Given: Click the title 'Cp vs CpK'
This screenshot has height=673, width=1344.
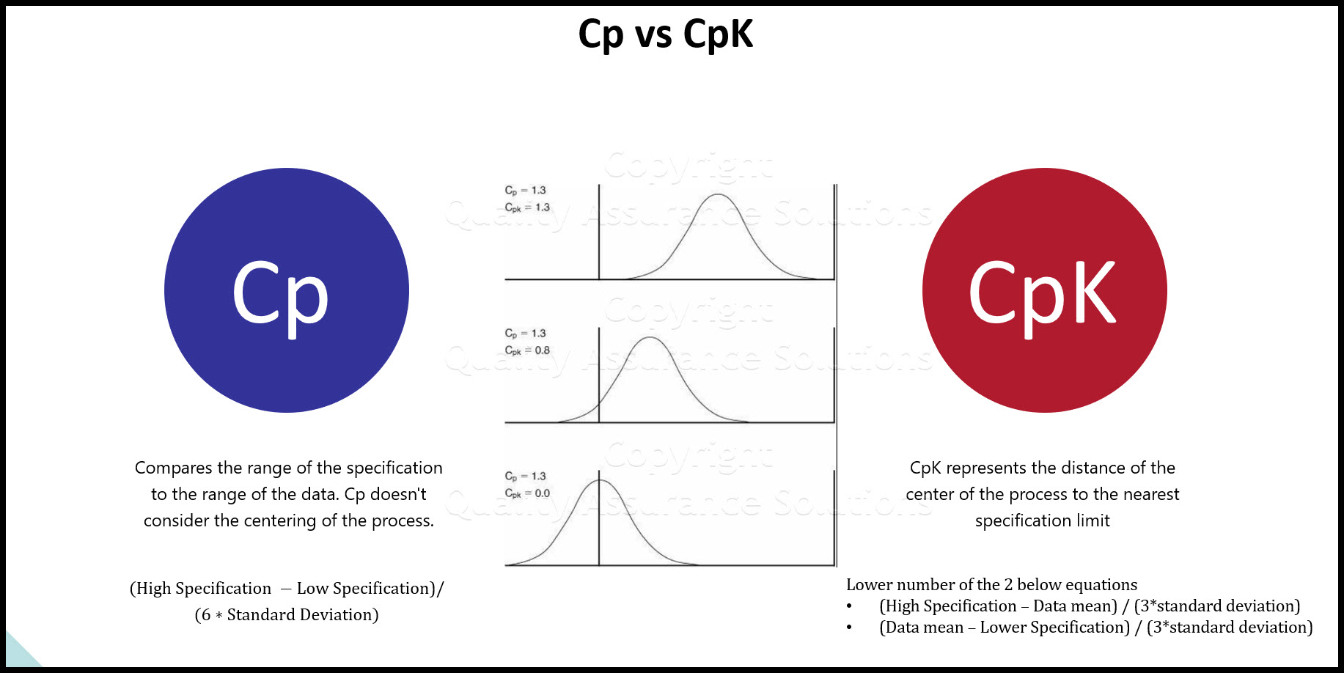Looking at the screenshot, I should pyautogui.click(x=665, y=34).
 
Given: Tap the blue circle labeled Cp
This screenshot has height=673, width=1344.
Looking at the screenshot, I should pyautogui.click(x=287, y=290).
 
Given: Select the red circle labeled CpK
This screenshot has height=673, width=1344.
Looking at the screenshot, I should pyautogui.click(x=1044, y=290).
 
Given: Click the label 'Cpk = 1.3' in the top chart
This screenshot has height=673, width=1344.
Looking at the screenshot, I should pyautogui.click(x=527, y=207).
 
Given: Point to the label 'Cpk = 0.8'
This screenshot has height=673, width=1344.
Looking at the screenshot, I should pyautogui.click(x=527, y=350).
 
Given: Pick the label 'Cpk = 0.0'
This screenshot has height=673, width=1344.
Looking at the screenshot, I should pyautogui.click(x=527, y=493).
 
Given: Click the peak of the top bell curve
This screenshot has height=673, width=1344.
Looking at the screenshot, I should pyautogui.click(x=718, y=195).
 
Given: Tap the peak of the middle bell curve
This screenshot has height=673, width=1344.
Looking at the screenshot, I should pyautogui.click(x=650, y=338).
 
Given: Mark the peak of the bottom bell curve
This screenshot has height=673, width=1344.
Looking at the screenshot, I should pyautogui.click(x=599, y=481).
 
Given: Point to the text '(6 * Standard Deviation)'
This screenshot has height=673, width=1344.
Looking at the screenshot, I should pyautogui.click(x=287, y=614).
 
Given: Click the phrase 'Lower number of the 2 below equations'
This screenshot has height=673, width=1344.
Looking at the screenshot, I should pyautogui.click(x=991, y=584).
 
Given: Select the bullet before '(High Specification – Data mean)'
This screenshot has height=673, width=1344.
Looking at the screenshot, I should pyautogui.click(x=849, y=606).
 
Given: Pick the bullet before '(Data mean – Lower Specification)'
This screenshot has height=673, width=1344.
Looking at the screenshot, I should pyautogui.click(x=849, y=628).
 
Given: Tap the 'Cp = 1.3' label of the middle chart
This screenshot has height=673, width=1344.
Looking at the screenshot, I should pyautogui.click(x=525, y=333).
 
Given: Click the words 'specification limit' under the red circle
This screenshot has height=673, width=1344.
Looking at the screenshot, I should pyautogui.click(x=1042, y=521).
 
